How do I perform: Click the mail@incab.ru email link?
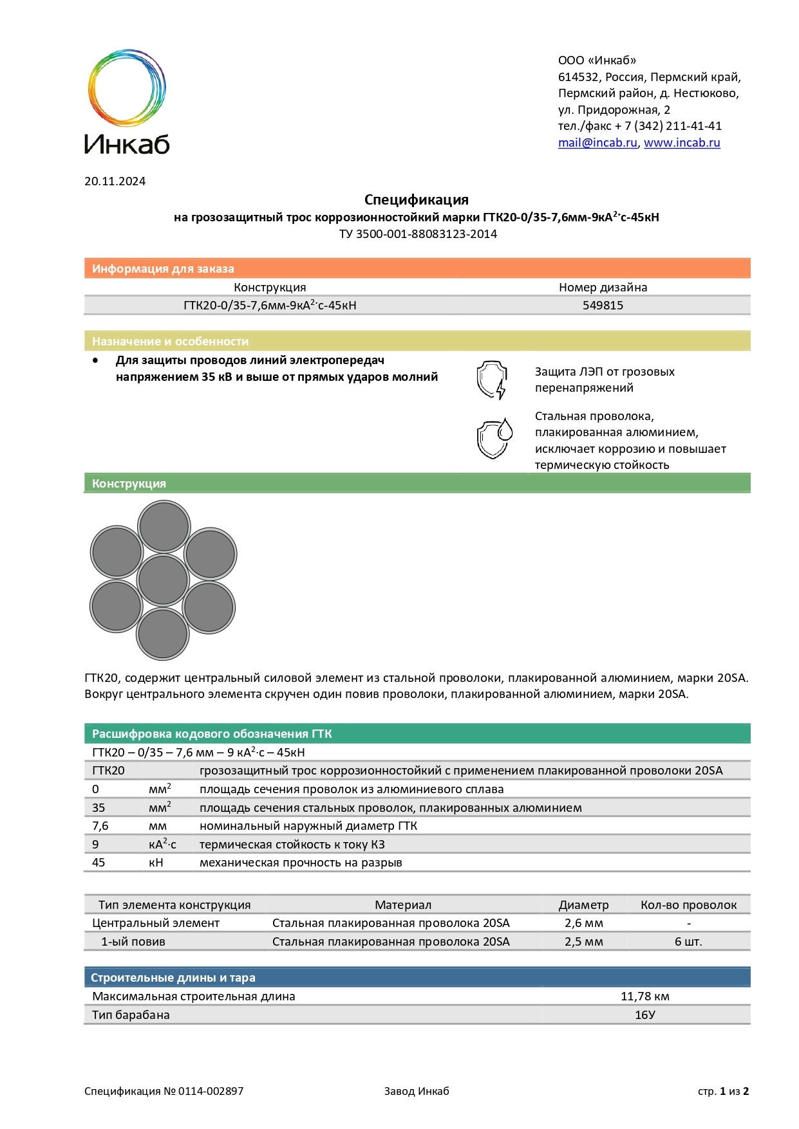click(597, 143)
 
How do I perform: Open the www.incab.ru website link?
click(682, 143)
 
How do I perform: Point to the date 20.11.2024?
click(115, 181)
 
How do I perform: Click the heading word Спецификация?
click(416, 199)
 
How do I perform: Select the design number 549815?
click(603, 306)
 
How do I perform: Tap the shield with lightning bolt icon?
click(492, 380)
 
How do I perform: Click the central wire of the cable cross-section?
click(163, 580)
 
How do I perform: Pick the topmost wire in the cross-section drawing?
click(164, 527)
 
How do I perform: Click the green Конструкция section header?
click(129, 484)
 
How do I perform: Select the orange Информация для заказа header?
click(163, 269)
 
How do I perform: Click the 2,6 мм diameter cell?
click(583, 923)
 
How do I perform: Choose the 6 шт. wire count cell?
click(688, 942)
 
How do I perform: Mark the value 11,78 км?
click(644, 996)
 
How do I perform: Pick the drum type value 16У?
click(644, 1015)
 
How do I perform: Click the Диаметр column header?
click(583, 905)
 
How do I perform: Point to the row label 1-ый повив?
click(133, 942)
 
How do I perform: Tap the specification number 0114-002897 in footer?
click(211, 1091)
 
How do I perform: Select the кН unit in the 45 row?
click(156, 863)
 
